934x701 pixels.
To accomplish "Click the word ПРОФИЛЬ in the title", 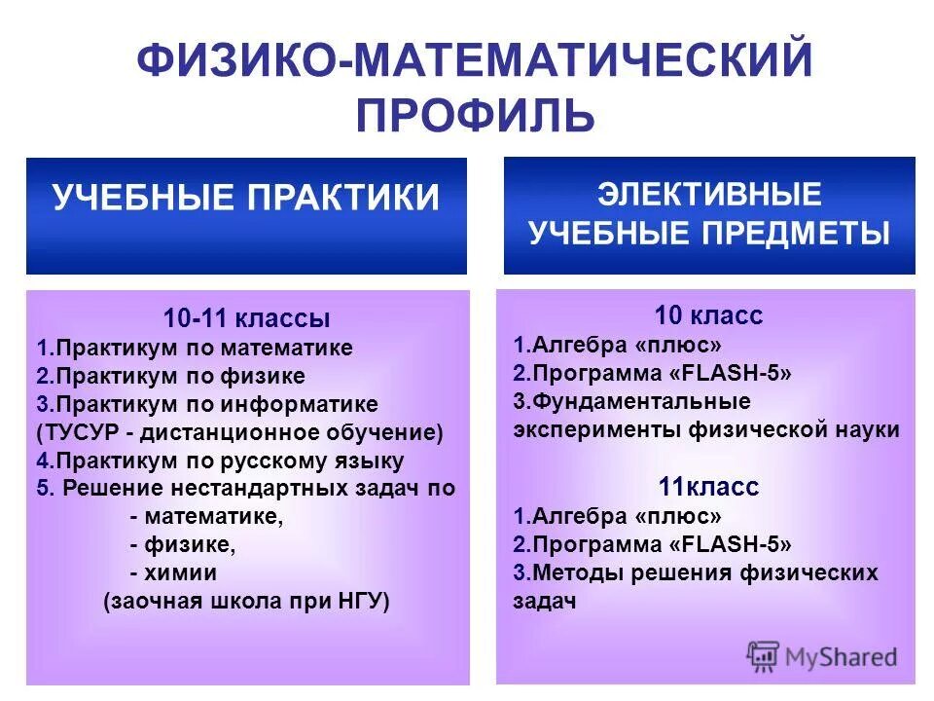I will (x=474, y=115).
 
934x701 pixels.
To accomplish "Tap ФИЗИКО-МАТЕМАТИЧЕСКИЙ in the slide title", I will (x=474, y=60).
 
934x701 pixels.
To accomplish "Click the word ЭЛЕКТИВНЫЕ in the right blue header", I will (x=709, y=195).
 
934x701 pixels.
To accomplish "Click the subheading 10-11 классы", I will (x=246, y=318).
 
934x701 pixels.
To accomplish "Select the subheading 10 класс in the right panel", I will (x=708, y=315).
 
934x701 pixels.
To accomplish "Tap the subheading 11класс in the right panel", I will (x=708, y=487).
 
